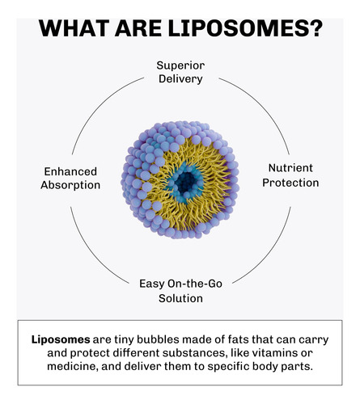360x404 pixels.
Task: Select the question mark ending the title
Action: click(x=316, y=27)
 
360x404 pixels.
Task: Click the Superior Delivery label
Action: click(x=180, y=72)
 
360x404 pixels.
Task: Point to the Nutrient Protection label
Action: click(x=290, y=175)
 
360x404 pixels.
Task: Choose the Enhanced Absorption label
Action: click(x=70, y=179)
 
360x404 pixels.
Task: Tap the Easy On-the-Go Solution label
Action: click(x=180, y=291)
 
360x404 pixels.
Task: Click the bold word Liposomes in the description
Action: click(x=61, y=339)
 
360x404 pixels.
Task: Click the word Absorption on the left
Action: click(x=70, y=185)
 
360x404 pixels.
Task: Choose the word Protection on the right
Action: click(x=290, y=183)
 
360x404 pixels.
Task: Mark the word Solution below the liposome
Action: click(x=180, y=298)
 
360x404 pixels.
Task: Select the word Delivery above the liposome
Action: click(x=180, y=79)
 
